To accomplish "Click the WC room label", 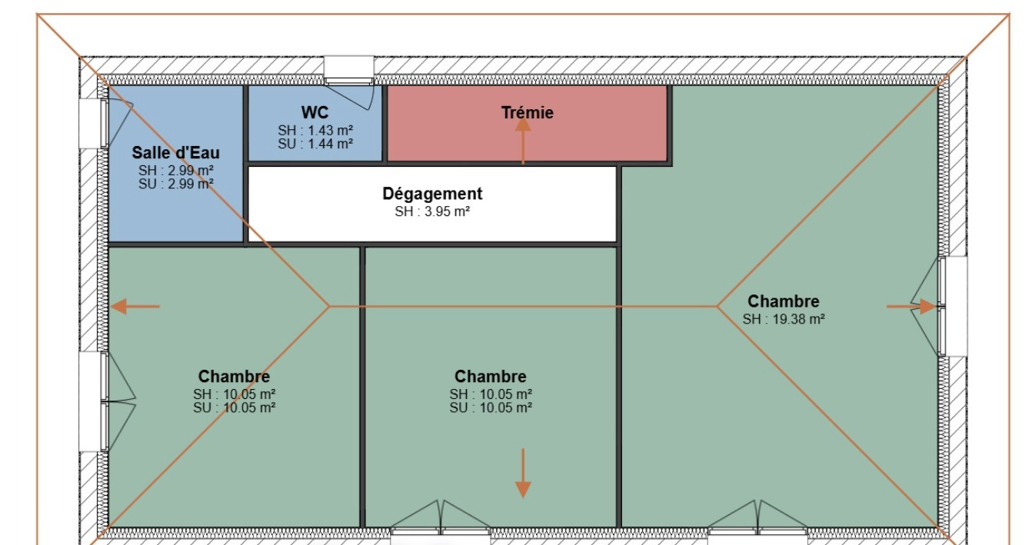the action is click(x=315, y=112).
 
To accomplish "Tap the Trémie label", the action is click(x=527, y=112).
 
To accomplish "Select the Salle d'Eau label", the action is click(x=175, y=152).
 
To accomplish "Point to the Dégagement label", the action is click(x=432, y=194).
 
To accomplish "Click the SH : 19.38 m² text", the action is click(x=783, y=319).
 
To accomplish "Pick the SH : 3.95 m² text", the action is click(x=432, y=211).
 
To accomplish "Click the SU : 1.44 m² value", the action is click(x=315, y=144).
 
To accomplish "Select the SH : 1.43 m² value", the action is click(x=315, y=131).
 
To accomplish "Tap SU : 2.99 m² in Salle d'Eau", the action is click(x=175, y=184).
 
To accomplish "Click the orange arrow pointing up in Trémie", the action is click(x=522, y=141).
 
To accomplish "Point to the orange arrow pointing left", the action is click(x=135, y=307).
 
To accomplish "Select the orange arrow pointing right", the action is click(x=911, y=307).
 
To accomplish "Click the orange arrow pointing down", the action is click(x=522, y=474).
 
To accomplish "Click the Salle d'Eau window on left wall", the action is click(x=94, y=124).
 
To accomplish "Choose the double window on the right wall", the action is click(x=953, y=307).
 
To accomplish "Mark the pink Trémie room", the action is click(x=527, y=124).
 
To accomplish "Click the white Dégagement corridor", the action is click(x=432, y=204).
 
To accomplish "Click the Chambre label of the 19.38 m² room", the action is click(x=783, y=301).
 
